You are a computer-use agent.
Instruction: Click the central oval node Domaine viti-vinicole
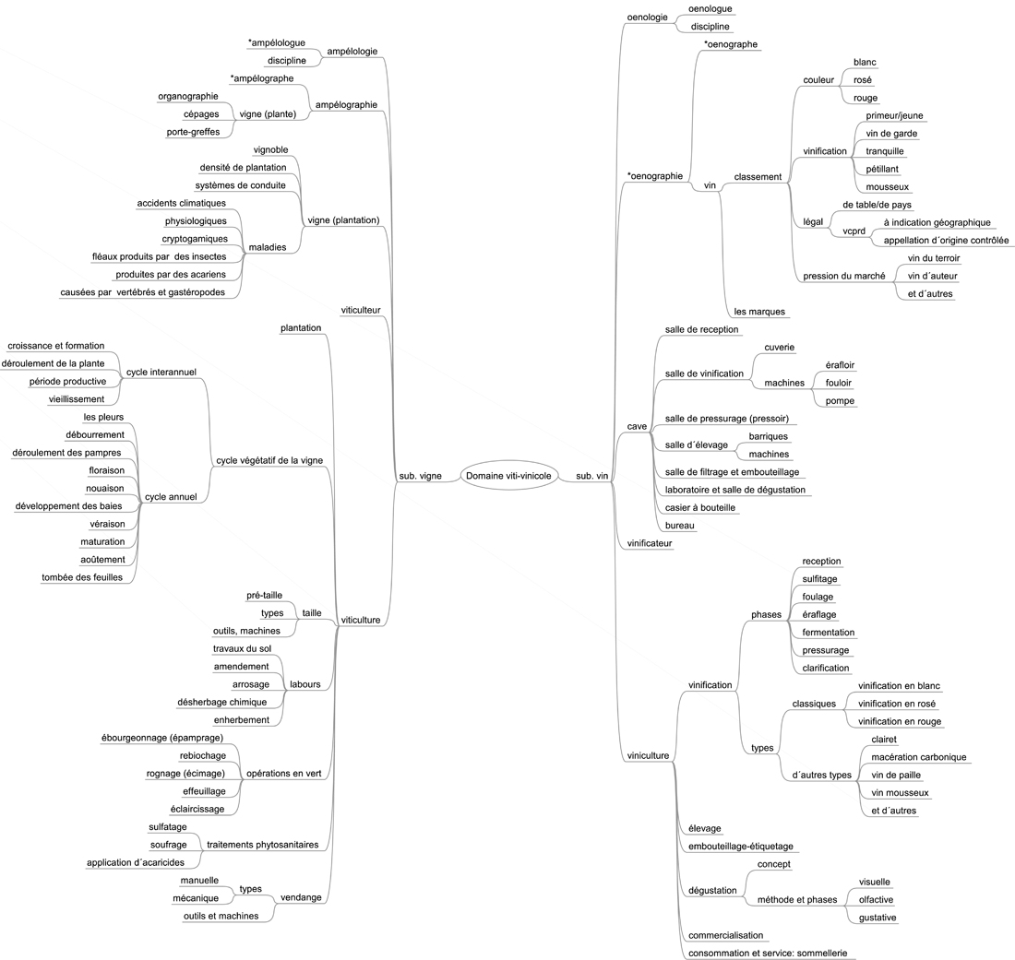pyautogui.click(x=508, y=476)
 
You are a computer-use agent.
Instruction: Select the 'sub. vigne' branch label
pyautogui.click(x=420, y=476)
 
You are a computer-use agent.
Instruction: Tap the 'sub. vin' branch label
pyautogui.click(x=592, y=476)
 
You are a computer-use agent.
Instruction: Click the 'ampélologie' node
pyautogui.click(x=352, y=52)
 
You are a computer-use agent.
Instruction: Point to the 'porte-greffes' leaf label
pyautogui.click(x=193, y=132)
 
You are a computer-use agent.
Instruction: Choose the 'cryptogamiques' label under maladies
pyautogui.click(x=195, y=239)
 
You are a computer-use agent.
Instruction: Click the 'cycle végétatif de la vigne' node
pyautogui.click(x=269, y=460)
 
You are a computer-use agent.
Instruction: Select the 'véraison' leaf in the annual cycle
pyautogui.click(x=107, y=524)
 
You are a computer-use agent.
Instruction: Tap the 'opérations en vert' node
pyautogui.click(x=283, y=774)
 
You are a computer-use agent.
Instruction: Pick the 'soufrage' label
pyautogui.click(x=168, y=845)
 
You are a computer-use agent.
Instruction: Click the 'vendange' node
pyautogui.click(x=301, y=898)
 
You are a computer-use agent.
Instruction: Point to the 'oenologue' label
pyautogui.click(x=710, y=9)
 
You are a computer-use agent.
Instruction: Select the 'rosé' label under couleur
pyautogui.click(x=862, y=80)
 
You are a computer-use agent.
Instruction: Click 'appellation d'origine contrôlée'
pyautogui.click(x=946, y=241)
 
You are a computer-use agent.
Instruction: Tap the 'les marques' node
pyautogui.click(x=759, y=312)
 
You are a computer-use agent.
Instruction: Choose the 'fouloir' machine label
pyautogui.click(x=838, y=383)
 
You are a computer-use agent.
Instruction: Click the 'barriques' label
pyautogui.click(x=769, y=437)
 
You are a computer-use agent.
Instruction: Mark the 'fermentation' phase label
pyautogui.click(x=828, y=633)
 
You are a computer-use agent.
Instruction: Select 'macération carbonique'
pyautogui.click(x=918, y=757)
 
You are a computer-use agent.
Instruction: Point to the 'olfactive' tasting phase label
pyautogui.click(x=876, y=900)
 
